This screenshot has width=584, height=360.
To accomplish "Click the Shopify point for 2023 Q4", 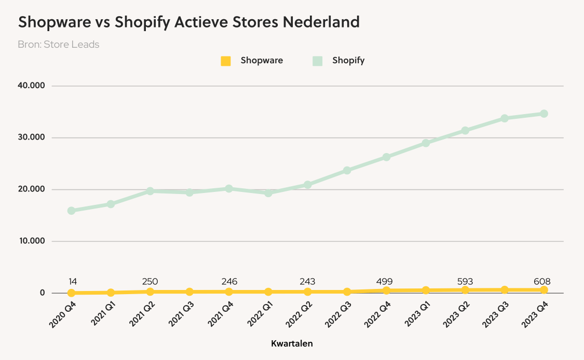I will tap(544, 114).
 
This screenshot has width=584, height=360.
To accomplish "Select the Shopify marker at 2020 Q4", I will tap(71, 211).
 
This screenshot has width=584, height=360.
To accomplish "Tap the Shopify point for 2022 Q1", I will tap(268, 193).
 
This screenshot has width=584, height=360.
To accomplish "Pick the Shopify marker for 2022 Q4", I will tap(386, 157).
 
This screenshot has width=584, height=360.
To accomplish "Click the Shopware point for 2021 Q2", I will tap(150, 292).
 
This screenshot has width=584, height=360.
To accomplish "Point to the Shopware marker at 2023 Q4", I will tap(544, 290).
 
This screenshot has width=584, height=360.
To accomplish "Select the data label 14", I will tap(73, 281).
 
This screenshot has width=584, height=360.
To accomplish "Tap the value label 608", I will tap(542, 281).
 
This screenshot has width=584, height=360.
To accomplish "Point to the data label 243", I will tap(307, 281).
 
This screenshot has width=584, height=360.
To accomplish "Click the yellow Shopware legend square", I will tap(226, 61).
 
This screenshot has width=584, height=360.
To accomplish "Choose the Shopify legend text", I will tap(348, 60).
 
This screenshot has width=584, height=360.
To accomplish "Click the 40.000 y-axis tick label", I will tap(32, 86).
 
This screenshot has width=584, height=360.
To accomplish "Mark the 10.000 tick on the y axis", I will tap(32, 241).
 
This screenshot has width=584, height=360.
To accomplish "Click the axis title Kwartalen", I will tap(292, 343).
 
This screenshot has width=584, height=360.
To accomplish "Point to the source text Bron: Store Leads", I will tap(59, 44).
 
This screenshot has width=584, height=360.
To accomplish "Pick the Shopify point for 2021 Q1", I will tap(111, 204).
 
